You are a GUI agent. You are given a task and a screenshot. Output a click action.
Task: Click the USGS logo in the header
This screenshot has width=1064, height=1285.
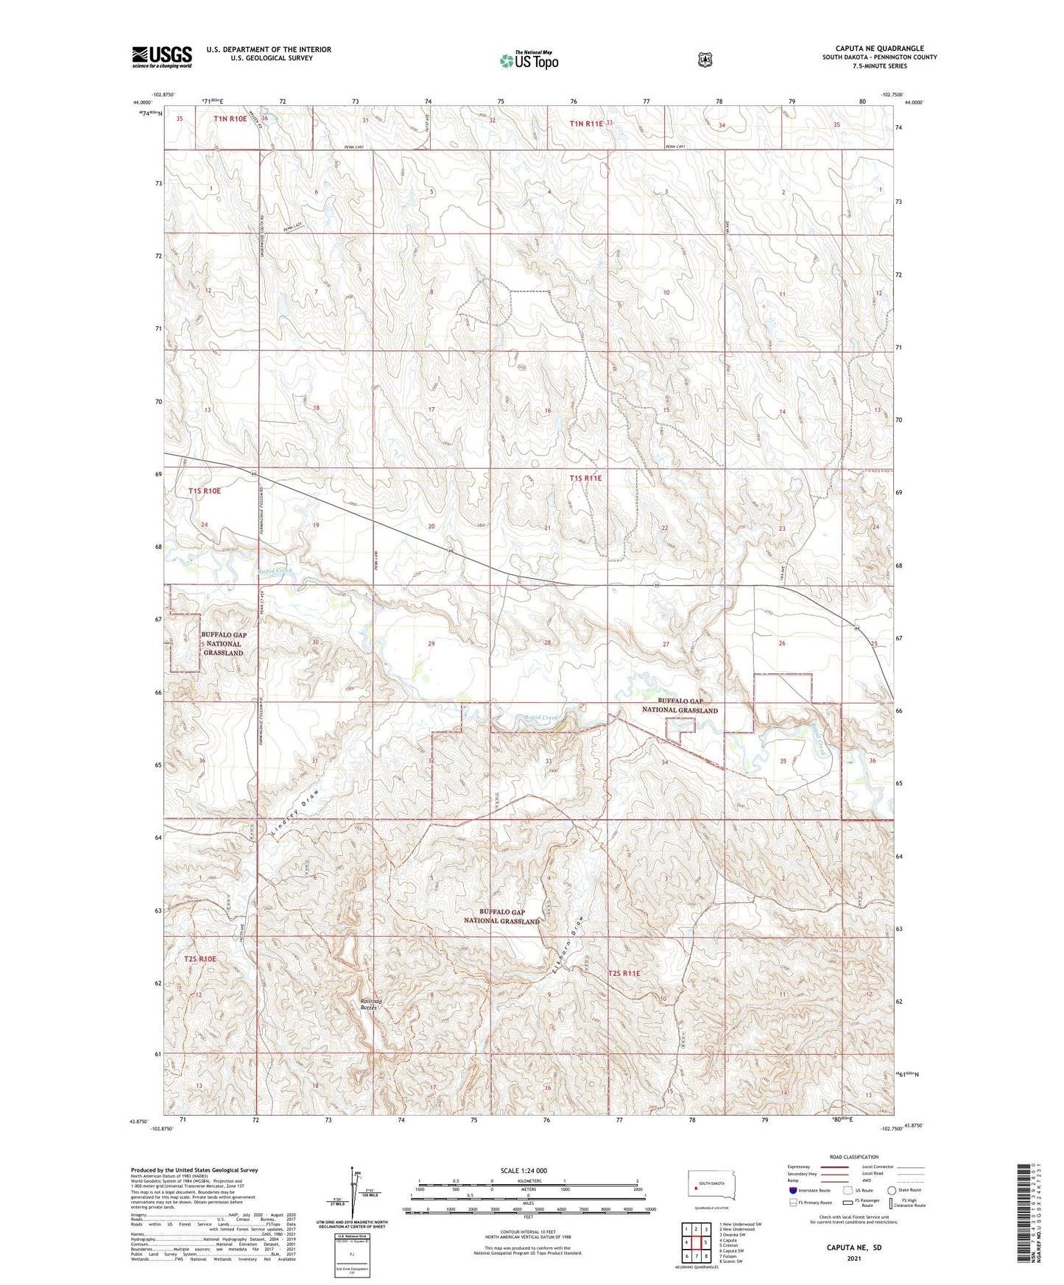161,57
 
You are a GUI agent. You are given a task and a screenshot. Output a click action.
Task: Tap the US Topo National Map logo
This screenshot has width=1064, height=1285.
529,60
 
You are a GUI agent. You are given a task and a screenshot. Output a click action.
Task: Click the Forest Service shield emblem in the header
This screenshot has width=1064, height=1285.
705,60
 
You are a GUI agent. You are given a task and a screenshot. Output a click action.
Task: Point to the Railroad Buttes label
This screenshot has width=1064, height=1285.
371,1004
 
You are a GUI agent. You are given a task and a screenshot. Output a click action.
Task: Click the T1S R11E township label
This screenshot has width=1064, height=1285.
585,478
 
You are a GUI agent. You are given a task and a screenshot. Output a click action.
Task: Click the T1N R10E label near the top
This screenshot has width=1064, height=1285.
230,118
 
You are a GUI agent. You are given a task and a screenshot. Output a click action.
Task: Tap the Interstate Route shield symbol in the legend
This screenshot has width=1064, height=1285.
792,1190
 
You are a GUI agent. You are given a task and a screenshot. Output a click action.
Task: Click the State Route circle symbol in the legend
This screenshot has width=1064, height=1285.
892,1190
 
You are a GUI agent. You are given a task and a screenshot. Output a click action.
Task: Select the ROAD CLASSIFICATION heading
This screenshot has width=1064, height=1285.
853,1157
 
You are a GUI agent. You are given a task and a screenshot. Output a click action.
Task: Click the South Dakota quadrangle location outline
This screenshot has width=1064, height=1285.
706,1186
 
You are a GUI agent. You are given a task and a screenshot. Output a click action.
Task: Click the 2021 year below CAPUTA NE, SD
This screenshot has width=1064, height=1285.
854,1258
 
